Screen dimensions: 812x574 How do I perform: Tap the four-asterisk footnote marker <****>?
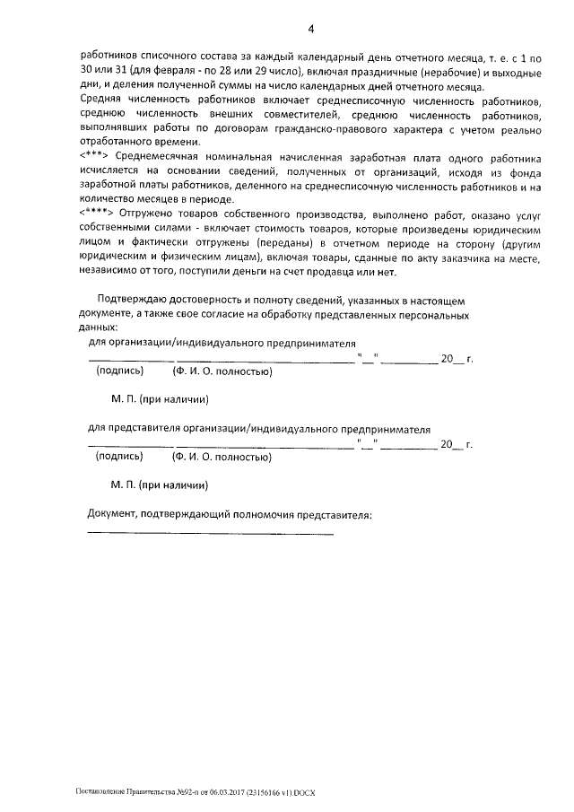click(97, 221)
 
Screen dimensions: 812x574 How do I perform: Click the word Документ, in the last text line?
click(113, 516)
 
